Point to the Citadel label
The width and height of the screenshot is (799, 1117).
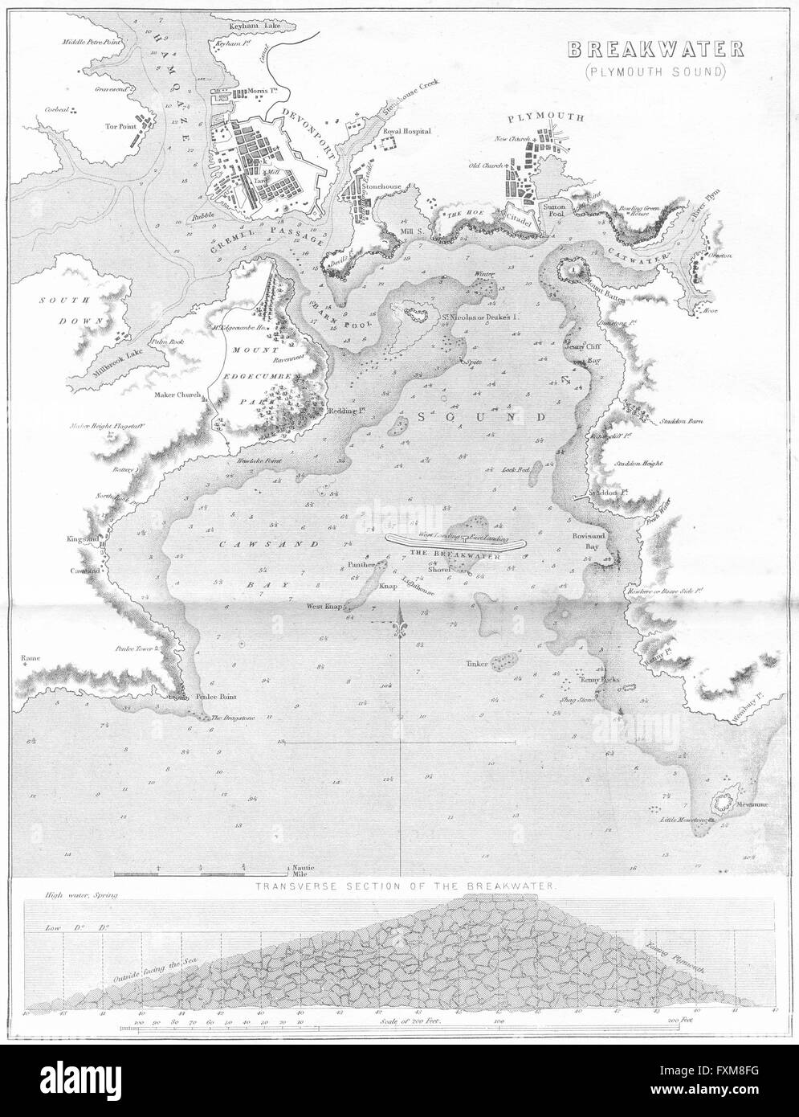point(516,214)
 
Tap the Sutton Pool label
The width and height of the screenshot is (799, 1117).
point(556,211)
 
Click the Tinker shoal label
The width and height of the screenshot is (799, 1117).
point(477,664)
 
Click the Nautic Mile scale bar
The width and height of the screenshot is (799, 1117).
point(201,871)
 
